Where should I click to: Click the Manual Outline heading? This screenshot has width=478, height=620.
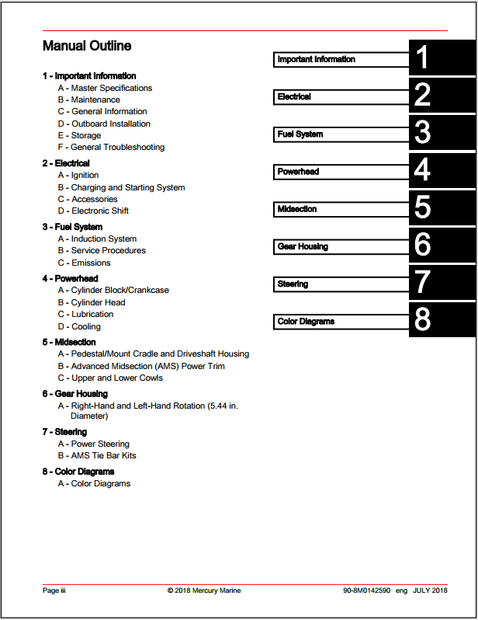tap(87, 47)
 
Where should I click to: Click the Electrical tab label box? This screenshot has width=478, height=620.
tap(342, 97)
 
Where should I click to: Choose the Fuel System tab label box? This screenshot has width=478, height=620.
tap(342, 134)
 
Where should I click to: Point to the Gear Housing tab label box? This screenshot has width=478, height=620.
tap(342, 247)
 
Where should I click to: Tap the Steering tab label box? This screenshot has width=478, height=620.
tap(342, 284)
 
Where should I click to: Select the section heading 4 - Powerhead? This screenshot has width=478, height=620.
tap(70, 278)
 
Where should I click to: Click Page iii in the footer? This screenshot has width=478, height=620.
tap(54, 590)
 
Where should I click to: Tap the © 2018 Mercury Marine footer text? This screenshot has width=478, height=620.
tap(204, 590)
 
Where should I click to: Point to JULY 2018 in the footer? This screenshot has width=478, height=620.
tap(431, 590)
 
